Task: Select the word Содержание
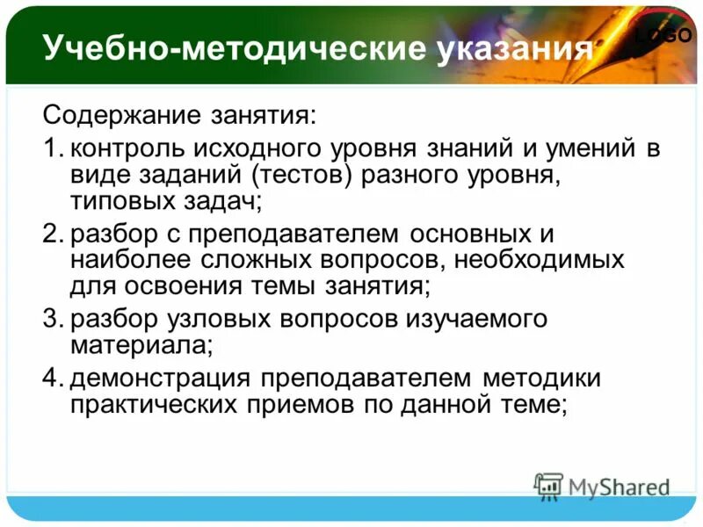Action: [122, 115]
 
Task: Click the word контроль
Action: [129, 148]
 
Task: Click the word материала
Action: [141, 345]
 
